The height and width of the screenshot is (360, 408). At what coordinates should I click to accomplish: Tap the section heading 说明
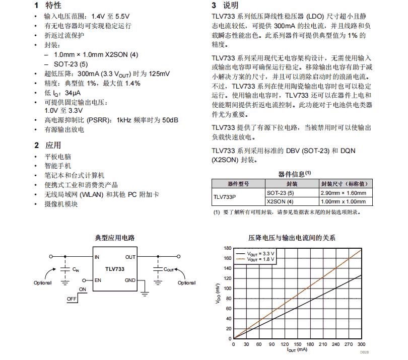coord(231,6)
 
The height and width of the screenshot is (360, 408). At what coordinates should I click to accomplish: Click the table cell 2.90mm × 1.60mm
coord(343,193)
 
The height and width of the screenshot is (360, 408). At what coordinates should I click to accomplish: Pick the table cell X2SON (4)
coord(280,202)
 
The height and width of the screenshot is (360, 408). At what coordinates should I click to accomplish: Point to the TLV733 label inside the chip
coord(115,269)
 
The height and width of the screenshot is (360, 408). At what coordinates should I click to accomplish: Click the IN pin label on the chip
coord(97,257)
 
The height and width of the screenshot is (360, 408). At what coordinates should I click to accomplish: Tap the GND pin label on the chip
coord(130,280)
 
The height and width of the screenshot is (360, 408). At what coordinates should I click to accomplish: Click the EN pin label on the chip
coord(98,280)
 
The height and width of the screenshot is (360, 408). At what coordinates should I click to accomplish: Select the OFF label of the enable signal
coord(72,299)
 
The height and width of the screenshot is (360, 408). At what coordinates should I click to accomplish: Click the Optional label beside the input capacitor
coord(42,283)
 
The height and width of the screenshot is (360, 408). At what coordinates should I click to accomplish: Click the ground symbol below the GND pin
coord(145,293)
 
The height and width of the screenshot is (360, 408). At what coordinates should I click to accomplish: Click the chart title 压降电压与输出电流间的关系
coord(292,238)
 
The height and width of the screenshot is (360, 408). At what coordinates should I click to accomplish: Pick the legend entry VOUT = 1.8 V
coord(262,259)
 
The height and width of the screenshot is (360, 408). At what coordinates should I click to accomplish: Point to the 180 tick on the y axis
coord(227,248)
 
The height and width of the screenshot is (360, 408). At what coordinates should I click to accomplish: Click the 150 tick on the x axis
coord(297,344)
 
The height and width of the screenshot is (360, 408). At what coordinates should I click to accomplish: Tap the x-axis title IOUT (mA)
coord(297,350)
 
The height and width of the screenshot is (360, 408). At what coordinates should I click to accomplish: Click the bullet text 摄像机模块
coord(61,204)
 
